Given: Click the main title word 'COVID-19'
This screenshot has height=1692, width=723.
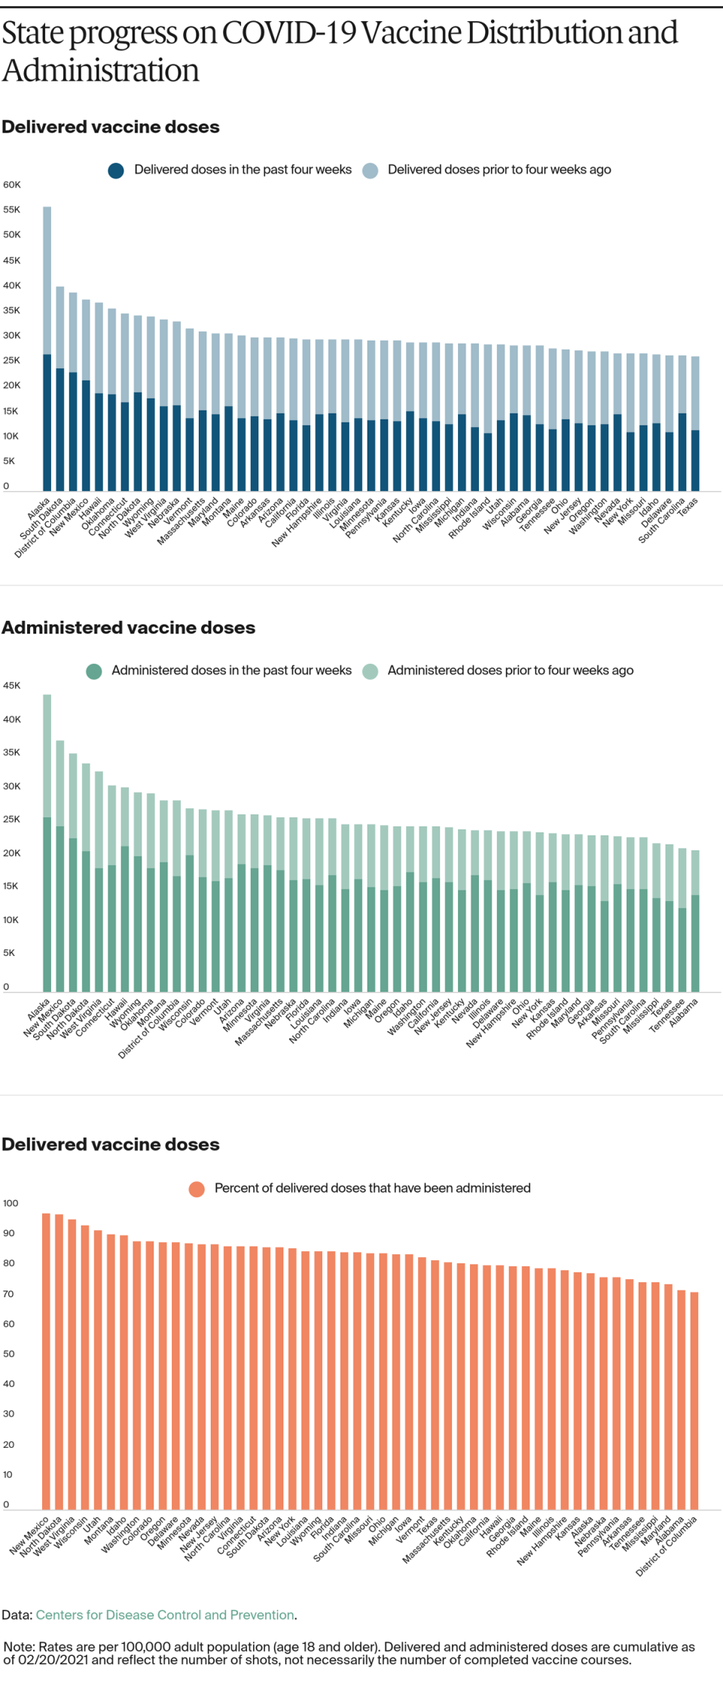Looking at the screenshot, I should click(288, 33).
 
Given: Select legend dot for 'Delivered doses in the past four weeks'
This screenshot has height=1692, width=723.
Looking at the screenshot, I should click(116, 170).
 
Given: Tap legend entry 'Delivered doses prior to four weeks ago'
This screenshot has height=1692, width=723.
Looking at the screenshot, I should click(499, 170).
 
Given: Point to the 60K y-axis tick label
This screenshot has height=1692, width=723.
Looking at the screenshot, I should click(12, 185).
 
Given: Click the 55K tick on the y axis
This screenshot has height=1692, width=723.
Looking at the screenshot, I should click(12, 209).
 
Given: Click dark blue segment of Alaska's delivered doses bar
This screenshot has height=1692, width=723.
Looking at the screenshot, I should click(47, 422).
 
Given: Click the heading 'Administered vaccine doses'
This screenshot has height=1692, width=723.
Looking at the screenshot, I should click(129, 628).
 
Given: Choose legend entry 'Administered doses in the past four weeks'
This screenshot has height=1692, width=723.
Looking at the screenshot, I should click(231, 670).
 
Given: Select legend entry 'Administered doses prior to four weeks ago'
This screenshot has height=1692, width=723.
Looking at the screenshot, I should click(510, 670).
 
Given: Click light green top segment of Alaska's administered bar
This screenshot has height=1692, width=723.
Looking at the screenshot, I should click(47, 753).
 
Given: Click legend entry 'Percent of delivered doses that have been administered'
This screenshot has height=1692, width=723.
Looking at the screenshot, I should click(372, 1188).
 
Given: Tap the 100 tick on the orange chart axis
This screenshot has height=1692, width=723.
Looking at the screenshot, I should click(11, 1203).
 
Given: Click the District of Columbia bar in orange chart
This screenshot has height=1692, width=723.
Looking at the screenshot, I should click(694, 1401).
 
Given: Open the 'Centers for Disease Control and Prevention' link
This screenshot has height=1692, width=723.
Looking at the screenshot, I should click(165, 1614).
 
